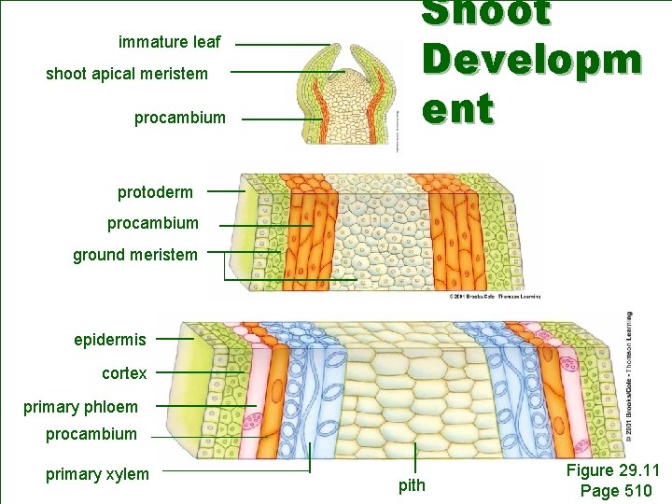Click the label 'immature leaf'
(x=170, y=42)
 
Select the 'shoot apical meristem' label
(x=127, y=73)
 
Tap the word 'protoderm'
(x=155, y=192)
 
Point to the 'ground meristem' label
(x=135, y=254)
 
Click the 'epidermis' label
(x=110, y=340)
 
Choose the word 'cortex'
(x=124, y=373)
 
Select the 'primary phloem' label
(x=80, y=407)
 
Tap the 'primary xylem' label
(x=97, y=474)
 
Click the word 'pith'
(x=412, y=484)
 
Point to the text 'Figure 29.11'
(x=612, y=470)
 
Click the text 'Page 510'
(x=616, y=491)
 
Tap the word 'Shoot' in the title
(x=486, y=13)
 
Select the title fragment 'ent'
(x=456, y=109)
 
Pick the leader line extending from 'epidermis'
(x=175, y=339)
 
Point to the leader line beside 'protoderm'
(x=225, y=191)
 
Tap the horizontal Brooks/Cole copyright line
(x=494, y=296)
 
